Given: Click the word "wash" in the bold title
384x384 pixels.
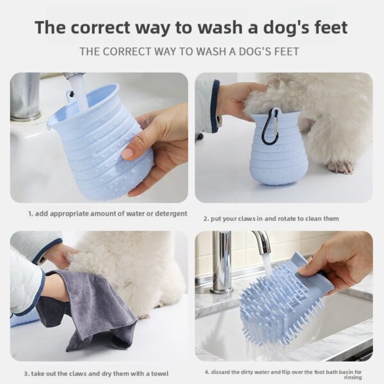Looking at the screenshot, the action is (220, 27).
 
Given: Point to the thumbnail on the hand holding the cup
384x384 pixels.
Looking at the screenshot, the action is (127, 153).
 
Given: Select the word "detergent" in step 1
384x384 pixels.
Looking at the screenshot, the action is (170, 214).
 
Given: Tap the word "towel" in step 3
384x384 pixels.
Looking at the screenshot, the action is (159, 374).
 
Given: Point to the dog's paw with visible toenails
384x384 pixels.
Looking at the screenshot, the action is (340, 166).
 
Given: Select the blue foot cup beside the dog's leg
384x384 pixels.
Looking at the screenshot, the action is (279, 147).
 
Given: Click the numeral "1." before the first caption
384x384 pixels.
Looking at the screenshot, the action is (31, 214).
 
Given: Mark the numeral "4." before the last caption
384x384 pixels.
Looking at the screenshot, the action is (207, 372).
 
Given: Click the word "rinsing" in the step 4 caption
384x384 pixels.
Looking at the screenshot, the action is (353, 378).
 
